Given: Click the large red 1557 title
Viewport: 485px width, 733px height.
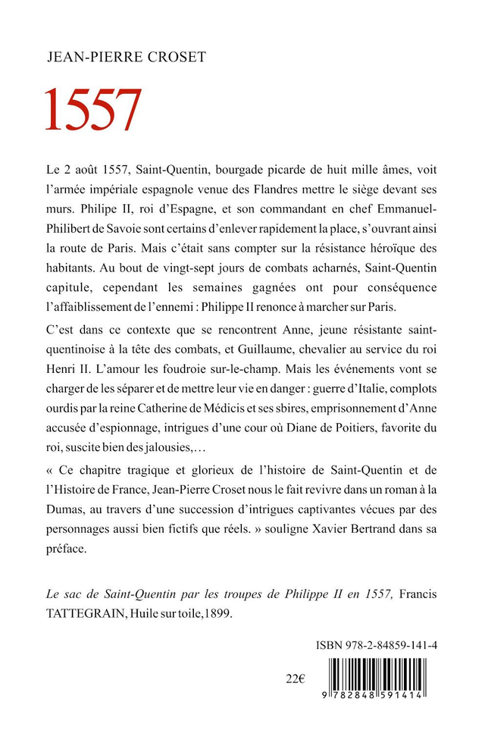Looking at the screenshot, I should pyautogui.click(x=93, y=110).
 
